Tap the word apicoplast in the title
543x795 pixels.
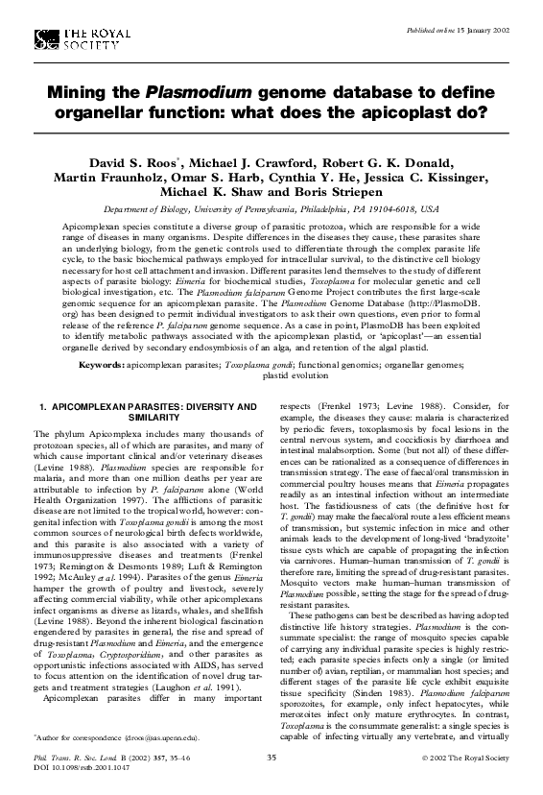pos(416,111)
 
